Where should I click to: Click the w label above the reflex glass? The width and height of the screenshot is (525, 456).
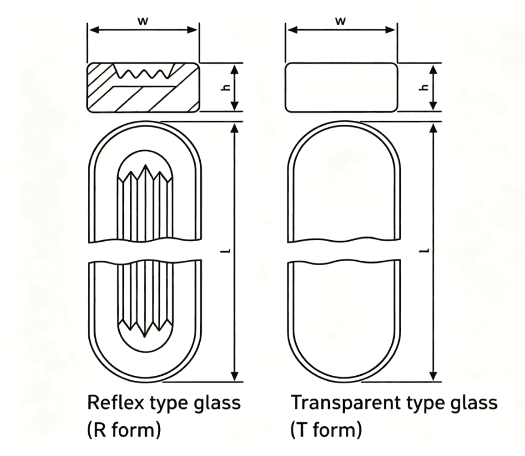[x=142, y=21]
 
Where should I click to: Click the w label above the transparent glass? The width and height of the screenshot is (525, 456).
[x=340, y=21]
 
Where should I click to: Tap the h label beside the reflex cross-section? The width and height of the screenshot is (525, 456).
[x=227, y=88]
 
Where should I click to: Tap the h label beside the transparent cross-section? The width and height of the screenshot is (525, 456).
[x=425, y=88]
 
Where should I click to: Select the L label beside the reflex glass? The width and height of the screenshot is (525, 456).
[x=228, y=250]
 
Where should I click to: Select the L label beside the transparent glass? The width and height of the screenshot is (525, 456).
[x=426, y=250]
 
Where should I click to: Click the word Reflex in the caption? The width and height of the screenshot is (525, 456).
[x=116, y=402]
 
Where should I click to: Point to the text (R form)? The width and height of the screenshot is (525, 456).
[x=124, y=430]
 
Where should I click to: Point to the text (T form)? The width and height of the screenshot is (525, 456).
[x=326, y=430]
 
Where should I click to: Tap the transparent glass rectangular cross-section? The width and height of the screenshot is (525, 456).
[x=341, y=87]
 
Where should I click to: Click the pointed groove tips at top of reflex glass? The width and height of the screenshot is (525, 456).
[x=145, y=173]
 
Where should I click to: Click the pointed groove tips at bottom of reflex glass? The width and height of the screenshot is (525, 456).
[x=145, y=328]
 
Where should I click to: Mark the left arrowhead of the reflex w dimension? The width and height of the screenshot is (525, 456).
[x=95, y=30]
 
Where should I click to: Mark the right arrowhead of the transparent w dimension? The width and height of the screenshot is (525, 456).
[x=390, y=30]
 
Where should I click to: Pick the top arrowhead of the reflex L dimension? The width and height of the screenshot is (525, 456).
[x=235, y=128]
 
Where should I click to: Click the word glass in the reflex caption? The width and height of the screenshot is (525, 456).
[x=217, y=403]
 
